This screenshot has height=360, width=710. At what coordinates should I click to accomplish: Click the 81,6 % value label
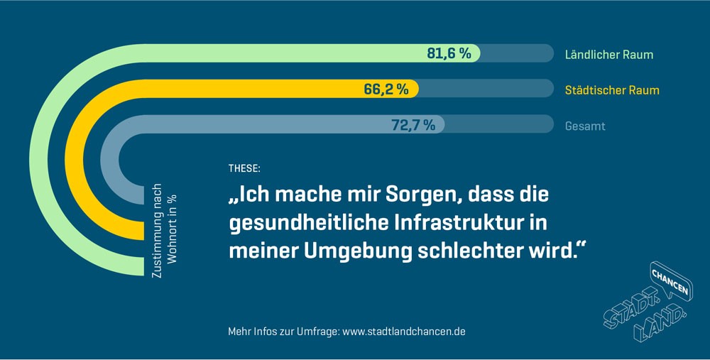click(449, 53)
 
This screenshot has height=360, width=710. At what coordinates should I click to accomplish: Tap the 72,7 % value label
click(413, 125)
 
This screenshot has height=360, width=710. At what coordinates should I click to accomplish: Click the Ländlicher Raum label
click(608, 55)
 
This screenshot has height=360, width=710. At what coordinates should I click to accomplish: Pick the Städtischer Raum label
click(611, 90)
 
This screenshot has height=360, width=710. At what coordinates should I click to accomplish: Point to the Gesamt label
click(585, 126)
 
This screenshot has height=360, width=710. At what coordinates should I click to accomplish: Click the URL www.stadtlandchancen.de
click(404, 332)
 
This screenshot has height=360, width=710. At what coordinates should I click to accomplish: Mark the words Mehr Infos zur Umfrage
click(283, 332)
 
